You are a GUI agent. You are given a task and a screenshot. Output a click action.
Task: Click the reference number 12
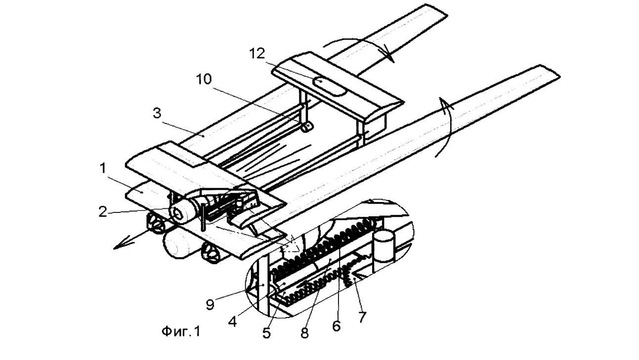[257, 54]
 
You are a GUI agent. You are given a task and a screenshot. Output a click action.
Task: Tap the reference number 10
[204, 79]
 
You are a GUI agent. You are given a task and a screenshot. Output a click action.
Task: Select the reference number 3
[157, 113]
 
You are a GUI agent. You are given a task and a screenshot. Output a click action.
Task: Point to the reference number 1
[103, 168]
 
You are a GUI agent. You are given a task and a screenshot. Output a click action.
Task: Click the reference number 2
[103, 212]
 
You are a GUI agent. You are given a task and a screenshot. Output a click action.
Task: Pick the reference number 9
[210, 305]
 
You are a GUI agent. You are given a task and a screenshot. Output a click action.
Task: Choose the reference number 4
[232, 322]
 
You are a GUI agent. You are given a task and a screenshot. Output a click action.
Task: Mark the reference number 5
[266, 333]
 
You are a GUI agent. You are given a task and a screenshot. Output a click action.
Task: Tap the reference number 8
[304, 333]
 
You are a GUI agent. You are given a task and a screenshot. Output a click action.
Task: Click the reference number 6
[337, 326]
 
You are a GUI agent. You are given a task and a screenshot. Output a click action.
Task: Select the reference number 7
[362, 317]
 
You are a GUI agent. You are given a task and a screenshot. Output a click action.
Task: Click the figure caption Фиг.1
[181, 331]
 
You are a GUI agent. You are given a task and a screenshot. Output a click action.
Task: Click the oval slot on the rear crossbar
[330, 86]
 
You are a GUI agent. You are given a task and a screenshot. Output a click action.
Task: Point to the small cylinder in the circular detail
[384, 246]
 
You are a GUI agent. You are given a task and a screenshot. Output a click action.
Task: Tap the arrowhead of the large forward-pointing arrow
[120, 245]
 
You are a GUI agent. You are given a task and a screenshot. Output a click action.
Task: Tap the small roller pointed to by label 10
[307, 127]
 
